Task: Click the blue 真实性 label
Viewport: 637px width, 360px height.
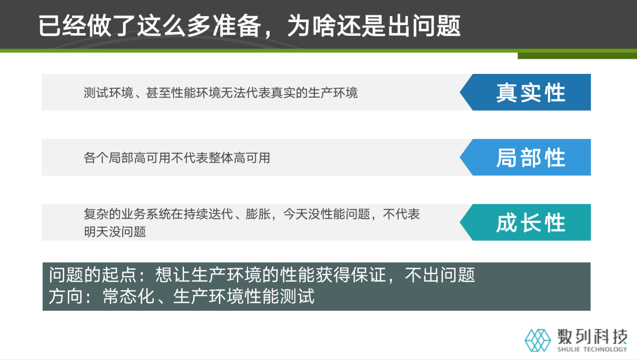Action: click(530, 93)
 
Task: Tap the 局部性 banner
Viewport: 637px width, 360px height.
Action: click(530, 158)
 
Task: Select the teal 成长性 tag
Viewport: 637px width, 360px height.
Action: click(530, 223)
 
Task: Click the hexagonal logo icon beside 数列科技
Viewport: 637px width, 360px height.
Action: click(538, 340)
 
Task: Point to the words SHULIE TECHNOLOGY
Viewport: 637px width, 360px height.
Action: click(592, 349)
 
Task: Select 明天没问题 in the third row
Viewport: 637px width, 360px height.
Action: click(115, 232)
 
